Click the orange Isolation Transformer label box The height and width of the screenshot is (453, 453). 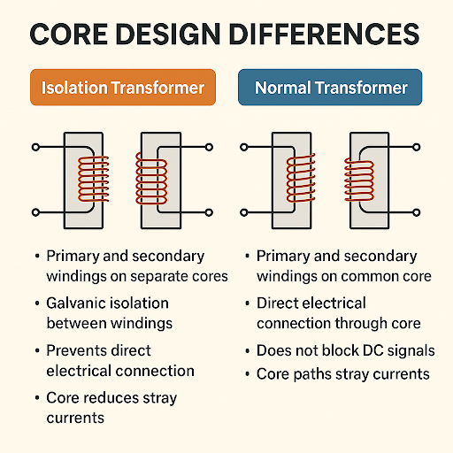pyautogui.click(x=123, y=88)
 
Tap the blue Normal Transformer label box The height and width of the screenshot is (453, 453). pyautogui.click(x=330, y=88)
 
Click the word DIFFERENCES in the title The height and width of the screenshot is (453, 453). pyautogui.click(x=324, y=35)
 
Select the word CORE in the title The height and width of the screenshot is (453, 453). pyautogui.click(x=69, y=35)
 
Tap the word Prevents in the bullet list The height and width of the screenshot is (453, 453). pyautogui.click(x=75, y=350)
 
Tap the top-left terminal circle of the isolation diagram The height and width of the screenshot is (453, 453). pyautogui.click(x=35, y=147)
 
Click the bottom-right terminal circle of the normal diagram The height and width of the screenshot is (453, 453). pyautogui.click(x=417, y=212)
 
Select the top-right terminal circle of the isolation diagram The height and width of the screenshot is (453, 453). pyautogui.click(x=209, y=147)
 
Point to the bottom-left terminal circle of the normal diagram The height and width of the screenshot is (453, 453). pyautogui.click(x=244, y=212)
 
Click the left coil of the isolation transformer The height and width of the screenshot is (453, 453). pyautogui.click(x=94, y=179)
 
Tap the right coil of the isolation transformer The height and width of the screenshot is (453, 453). pyautogui.click(x=151, y=179)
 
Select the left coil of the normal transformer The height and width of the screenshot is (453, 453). pyautogui.click(x=301, y=178)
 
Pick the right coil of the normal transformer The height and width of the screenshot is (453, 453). pyautogui.click(x=359, y=180)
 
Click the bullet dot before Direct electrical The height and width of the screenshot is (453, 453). pyautogui.click(x=248, y=303)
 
